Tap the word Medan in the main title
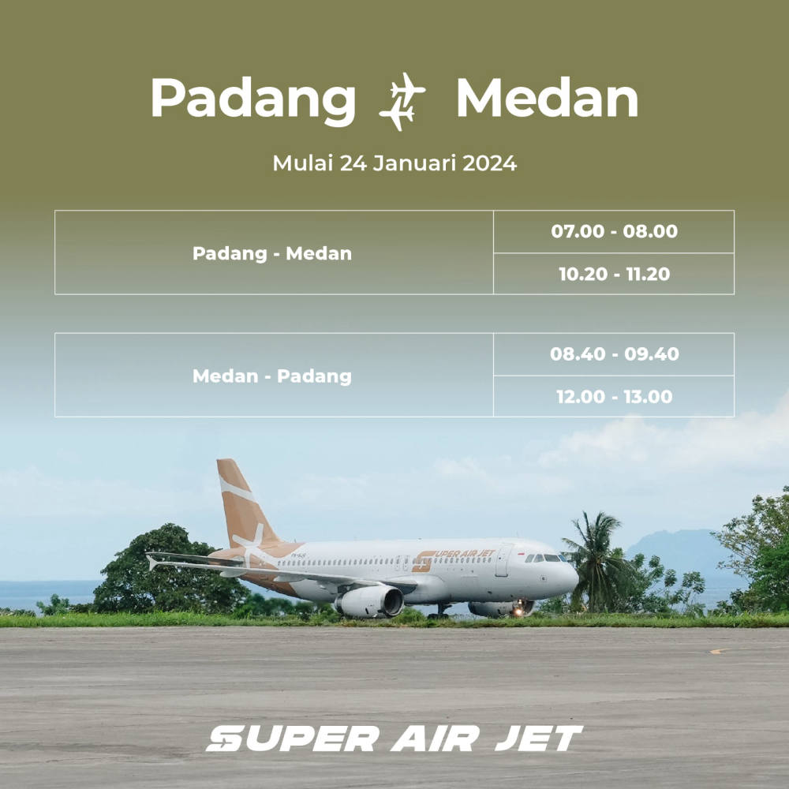(547, 98)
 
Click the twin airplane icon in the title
(402, 101)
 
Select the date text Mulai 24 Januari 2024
(394, 163)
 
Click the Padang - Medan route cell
(274, 252)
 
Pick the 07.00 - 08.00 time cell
(614, 231)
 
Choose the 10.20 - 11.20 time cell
(614, 274)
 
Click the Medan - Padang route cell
(274, 375)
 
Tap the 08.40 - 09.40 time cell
(614, 353)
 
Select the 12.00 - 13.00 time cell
(614, 397)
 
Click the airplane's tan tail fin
(244, 503)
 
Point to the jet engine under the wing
(370, 601)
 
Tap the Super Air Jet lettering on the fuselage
(454, 559)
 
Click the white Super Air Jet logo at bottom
(394, 739)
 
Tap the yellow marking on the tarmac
(717, 651)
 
